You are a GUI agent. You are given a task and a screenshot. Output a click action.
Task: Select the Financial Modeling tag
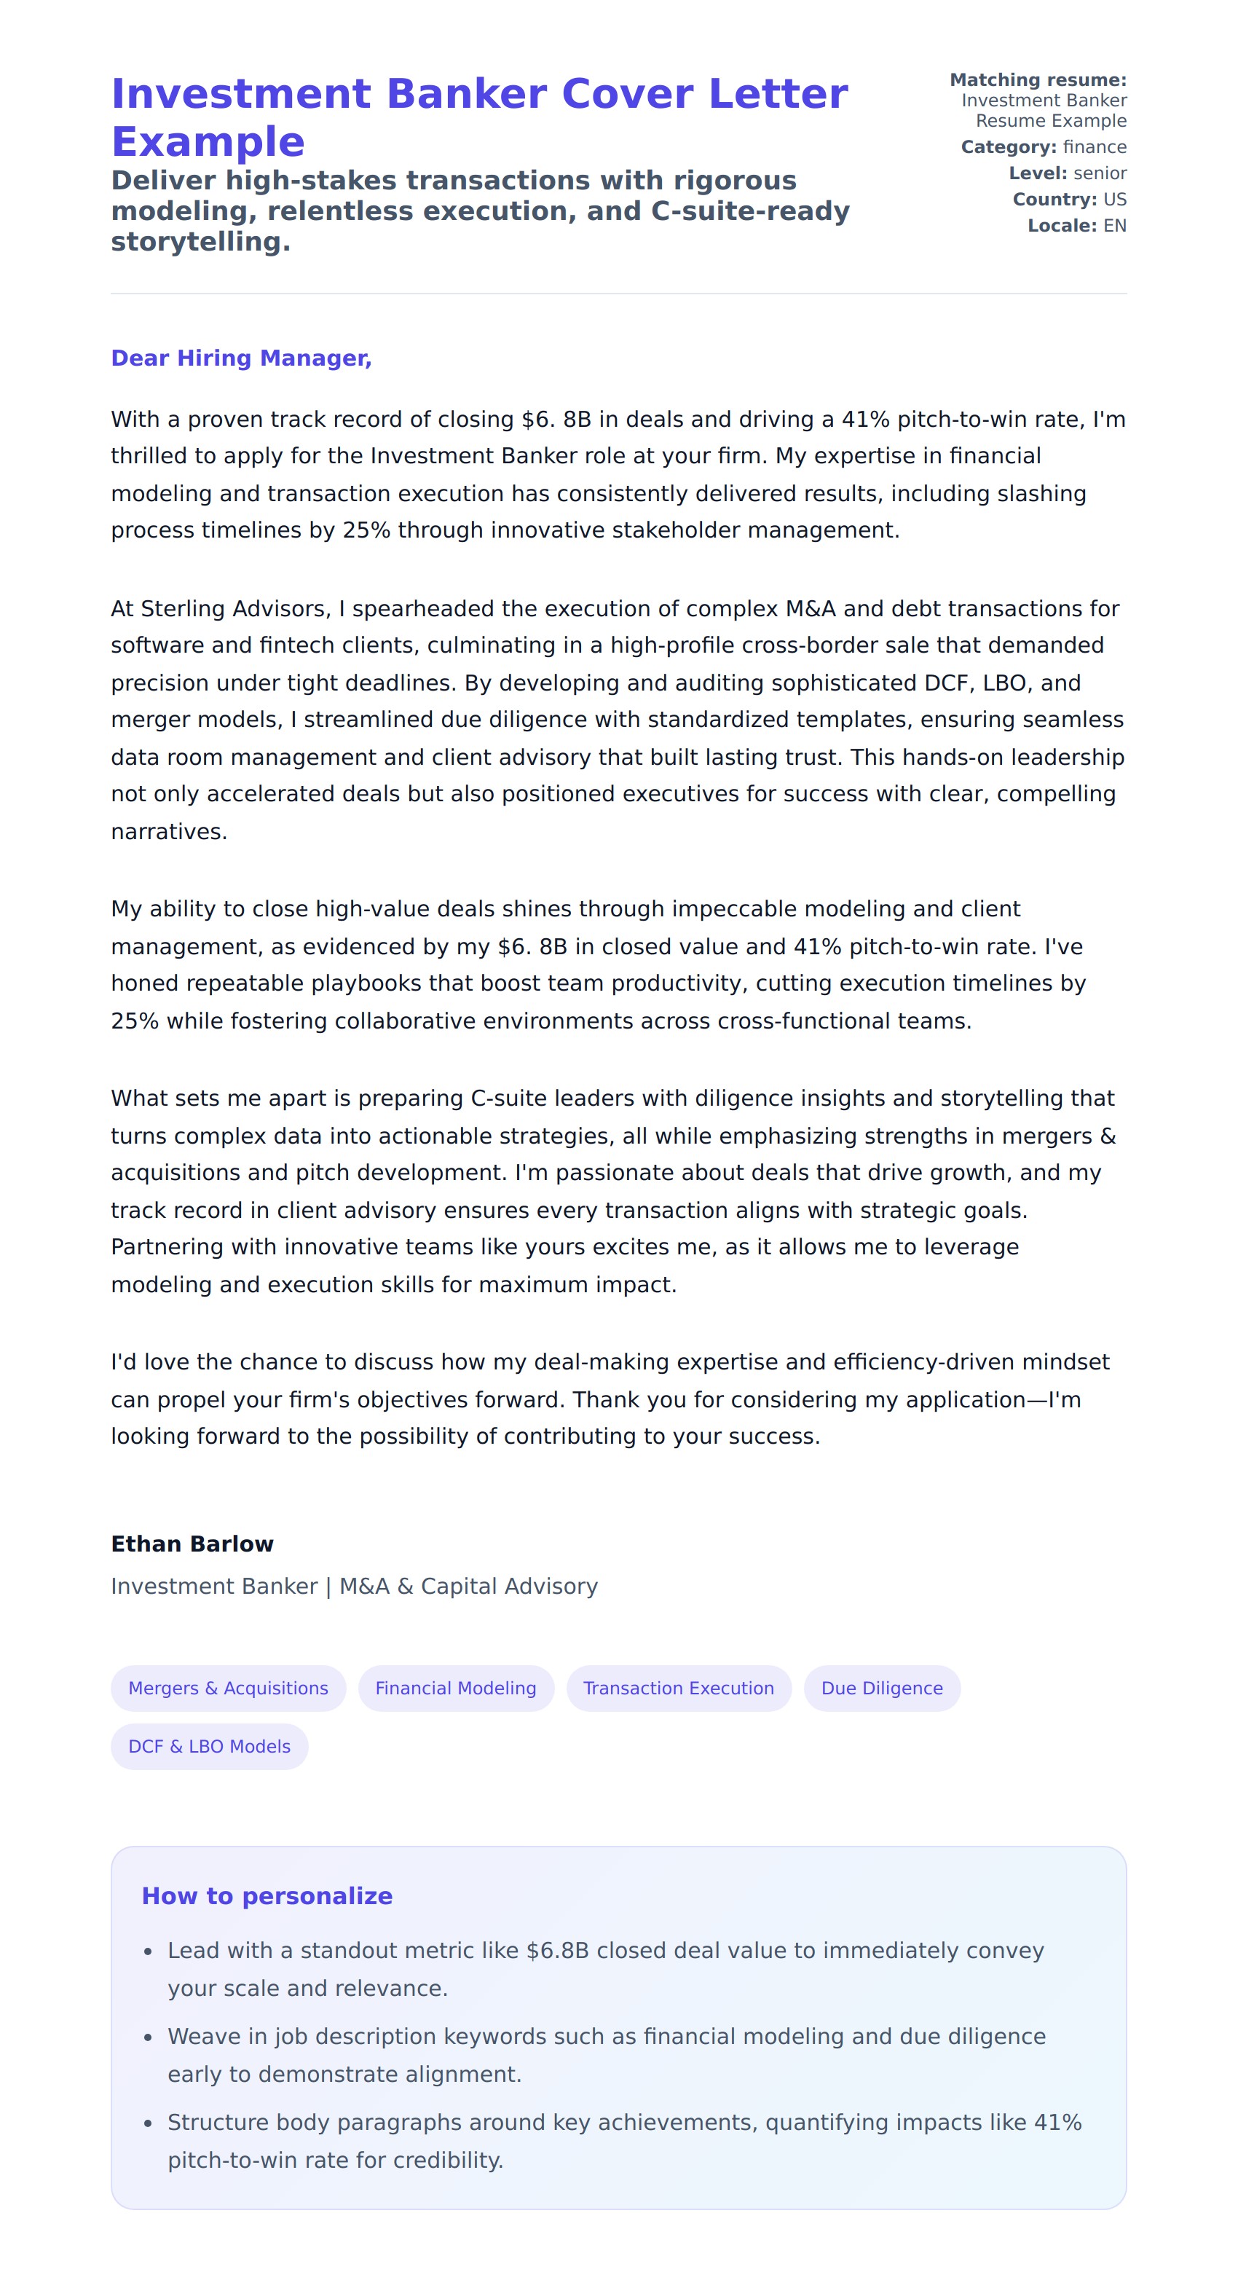[455, 1688]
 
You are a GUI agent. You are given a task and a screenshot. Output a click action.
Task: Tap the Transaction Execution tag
[678, 1688]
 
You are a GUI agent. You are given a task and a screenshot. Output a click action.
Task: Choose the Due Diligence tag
[881, 1688]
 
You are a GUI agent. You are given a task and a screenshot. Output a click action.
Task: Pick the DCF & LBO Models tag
[209, 1746]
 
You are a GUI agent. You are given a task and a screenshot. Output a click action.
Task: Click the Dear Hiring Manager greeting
[241, 358]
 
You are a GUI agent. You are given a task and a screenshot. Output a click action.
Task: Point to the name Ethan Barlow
[192, 1544]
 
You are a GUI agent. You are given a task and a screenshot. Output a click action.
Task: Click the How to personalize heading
[267, 1896]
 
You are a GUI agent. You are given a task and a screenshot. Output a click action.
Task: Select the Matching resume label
[1037, 79]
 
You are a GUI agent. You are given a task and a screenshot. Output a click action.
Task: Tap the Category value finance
[1095, 147]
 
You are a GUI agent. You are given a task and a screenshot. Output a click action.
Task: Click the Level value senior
[1100, 173]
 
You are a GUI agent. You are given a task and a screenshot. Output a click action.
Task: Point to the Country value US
[1114, 199]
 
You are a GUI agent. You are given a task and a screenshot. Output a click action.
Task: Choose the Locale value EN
[1114, 226]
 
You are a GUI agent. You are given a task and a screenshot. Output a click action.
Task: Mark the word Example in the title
[208, 141]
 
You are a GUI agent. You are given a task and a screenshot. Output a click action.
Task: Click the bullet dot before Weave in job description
[148, 2037]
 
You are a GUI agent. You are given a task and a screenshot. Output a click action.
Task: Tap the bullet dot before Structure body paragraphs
[148, 2123]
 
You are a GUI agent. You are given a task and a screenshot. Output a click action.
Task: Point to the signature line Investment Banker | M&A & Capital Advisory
[354, 1586]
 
